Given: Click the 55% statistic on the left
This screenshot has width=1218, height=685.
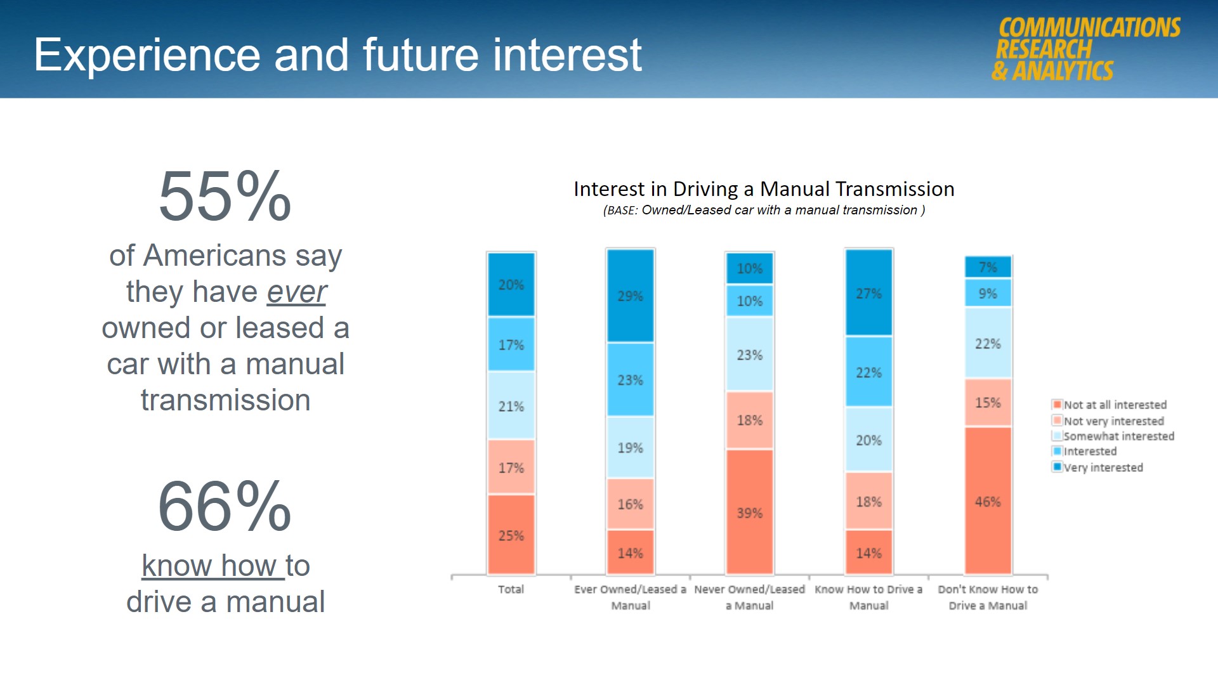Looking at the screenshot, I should (225, 197).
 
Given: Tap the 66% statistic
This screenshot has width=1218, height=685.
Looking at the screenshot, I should (225, 507).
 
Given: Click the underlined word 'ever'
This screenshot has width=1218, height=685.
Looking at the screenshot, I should (296, 292).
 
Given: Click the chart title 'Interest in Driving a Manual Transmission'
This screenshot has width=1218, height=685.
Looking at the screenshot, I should (764, 189).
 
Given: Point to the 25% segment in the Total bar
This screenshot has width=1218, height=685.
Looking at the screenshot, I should (511, 535).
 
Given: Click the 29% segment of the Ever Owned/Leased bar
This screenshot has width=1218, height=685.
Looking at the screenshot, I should (631, 296).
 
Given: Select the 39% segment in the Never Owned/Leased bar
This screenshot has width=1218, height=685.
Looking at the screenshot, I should (749, 512).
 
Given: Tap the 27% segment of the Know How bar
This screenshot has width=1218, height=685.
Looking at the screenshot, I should (868, 293).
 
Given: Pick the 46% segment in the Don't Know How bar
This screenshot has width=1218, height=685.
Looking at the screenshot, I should (988, 501).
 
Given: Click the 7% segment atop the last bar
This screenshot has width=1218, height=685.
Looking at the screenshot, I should (988, 267).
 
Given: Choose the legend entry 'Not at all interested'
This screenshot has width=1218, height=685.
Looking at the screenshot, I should (1114, 405).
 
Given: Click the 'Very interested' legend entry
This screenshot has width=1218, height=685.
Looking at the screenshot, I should (1103, 467).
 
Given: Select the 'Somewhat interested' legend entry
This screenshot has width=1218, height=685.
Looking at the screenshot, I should (1118, 436).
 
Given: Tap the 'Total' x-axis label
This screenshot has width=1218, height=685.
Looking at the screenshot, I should (511, 589).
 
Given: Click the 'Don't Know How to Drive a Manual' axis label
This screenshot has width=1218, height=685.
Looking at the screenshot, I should (988, 597).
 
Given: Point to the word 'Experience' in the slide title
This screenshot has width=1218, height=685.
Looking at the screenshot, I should (147, 55).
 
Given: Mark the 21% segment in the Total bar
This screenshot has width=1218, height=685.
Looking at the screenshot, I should (511, 406).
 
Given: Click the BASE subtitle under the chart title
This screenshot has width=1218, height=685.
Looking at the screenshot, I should (764, 211).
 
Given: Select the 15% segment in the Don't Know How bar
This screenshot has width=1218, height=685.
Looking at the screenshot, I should (988, 402).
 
